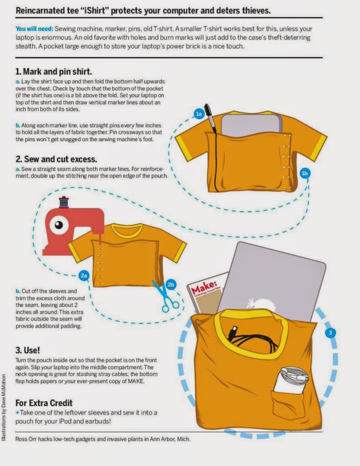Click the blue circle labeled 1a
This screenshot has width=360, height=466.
point(199,114)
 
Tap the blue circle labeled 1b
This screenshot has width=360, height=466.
point(305,173)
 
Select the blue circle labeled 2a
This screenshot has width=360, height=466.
point(84,275)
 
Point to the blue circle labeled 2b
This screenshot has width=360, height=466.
point(171,285)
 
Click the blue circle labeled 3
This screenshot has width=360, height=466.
point(330,333)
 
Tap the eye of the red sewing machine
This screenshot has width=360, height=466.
point(59,225)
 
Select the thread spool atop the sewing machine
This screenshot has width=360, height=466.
point(64,202)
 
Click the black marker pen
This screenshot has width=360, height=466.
point(210,118)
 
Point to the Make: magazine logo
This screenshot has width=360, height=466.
point(204,287)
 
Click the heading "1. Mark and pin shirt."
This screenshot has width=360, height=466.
point(54,71)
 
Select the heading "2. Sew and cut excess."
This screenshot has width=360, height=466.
point(56,159)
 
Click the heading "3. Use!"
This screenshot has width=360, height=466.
point(28,350)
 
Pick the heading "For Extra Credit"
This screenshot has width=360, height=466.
point(44,403)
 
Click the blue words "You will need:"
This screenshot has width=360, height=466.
point(35,29)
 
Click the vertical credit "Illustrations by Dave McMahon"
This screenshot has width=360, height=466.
point(4,407)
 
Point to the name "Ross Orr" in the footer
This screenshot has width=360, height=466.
point(25,439)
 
